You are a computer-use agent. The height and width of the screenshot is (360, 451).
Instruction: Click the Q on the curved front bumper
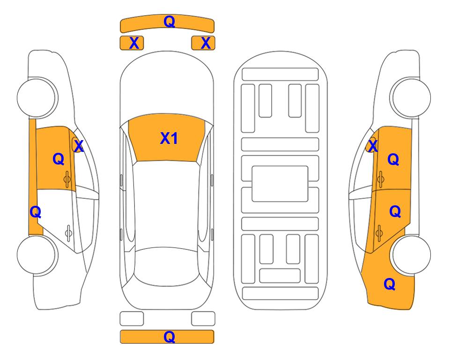(169, 21)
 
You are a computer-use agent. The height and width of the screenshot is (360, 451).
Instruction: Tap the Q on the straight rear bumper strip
(169, 337)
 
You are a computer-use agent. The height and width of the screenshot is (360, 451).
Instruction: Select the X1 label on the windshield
(169, 138)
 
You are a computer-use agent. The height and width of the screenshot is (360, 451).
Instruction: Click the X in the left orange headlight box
(134, 43)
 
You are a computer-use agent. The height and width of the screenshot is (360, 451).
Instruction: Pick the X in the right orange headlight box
(206, 43)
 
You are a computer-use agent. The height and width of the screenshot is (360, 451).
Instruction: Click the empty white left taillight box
(132, 319)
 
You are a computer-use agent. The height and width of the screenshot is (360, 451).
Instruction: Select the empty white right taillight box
(203, 319)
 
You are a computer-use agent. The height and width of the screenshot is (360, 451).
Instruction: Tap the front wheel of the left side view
(37, 97)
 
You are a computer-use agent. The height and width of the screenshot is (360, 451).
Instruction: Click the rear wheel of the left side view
(37, 255)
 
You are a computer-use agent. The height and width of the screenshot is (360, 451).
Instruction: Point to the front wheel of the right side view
(411, 97)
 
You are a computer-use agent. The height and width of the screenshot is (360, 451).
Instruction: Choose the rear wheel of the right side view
(411, 255)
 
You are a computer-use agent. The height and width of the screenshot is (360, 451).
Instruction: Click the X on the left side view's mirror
(79, 146)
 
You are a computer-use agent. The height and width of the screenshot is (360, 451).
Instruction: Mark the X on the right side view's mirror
(373, 146)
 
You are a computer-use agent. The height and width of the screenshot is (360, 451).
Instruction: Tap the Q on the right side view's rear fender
(390, 284)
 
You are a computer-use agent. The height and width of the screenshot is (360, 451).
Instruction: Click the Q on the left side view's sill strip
(36, 212)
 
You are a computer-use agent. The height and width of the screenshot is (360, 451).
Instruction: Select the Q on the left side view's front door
(59, 159)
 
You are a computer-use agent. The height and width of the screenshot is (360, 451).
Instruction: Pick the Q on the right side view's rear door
(395, 212)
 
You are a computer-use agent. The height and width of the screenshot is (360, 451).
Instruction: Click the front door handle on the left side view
(67, 179)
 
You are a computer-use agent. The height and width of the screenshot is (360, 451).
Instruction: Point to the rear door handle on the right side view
(379, 233)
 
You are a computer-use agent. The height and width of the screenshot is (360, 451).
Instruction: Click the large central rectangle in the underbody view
(280, 184)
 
